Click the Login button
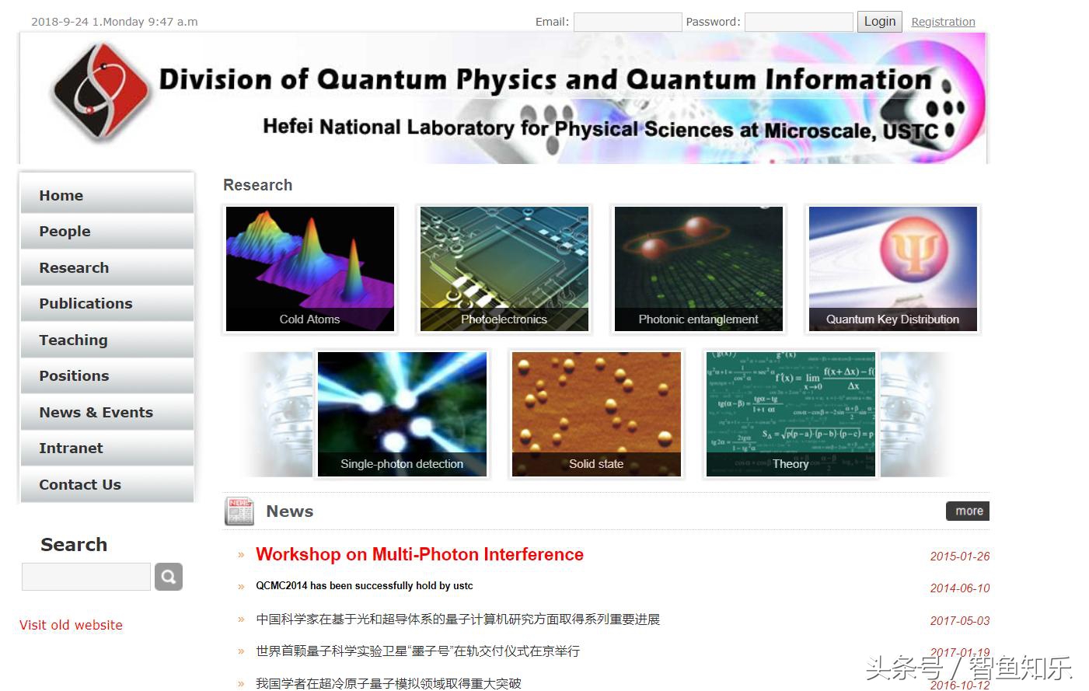pyautogui.click(x=879, y=22)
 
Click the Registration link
pyautogui.click(x=943, y=22)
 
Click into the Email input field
pyautogui.click(x=627, y=22)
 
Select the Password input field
pyautogui.click(x=798, y=22)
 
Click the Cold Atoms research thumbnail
pyautogui.click(x=309, y=269)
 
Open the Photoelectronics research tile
pyautogui.click(x=504, y=269)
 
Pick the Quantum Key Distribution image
pyautogui.click(x=892, y=269)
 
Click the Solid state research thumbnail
pyautogui.click(x=596, y=414)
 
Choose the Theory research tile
pyautogui.click(x=791, y=414)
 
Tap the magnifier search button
pyautogui.click(x=169, y=577)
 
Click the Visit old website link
pyautogui.click(x=71, y=625)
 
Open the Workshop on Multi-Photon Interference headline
pyautogui.click(x=419, y=554)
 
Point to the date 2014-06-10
pyautogui.click(x=959, y=588)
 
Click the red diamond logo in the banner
pyautogui.click(x=99, y=92)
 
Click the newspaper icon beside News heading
pyautogui.click(x=239, y=511)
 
